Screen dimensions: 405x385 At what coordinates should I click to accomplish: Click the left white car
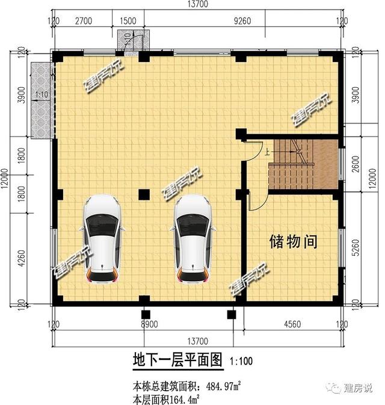[102, 238]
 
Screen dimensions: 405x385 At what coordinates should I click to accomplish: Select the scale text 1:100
[242, 362]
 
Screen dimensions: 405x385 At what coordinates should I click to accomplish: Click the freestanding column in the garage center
[144, 194]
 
